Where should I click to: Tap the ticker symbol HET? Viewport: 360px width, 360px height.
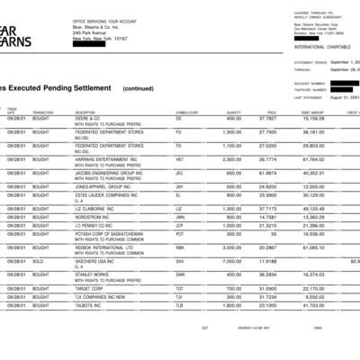[x=180, y=158]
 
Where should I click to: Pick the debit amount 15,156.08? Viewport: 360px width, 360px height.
[x=312, y=118]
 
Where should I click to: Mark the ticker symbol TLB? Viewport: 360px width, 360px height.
[x=179, y=306]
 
